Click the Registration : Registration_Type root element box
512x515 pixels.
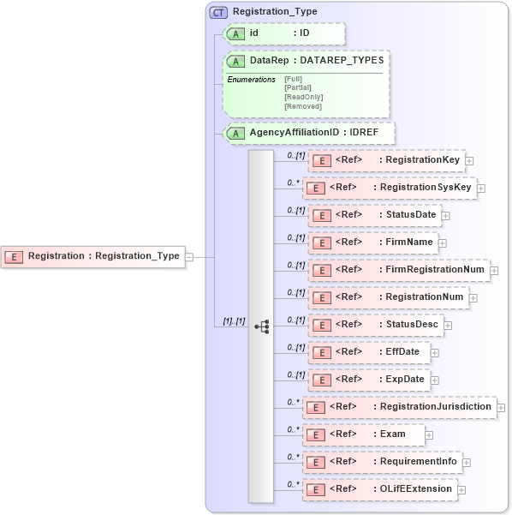tap(94, 255)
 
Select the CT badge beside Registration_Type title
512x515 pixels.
tap(219, 11)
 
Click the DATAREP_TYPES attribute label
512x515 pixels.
tap(341, 62)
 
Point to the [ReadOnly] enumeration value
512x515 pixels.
tap(303, 97)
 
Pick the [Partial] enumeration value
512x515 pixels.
tap(299, 87)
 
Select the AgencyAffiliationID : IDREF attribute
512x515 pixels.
tap(308, 133)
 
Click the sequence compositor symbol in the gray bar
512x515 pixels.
tap(261, 326)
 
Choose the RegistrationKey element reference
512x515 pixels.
tap(385, 160)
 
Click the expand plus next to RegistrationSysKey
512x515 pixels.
tap(480, 189)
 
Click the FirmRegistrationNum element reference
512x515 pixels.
tap(398, 270)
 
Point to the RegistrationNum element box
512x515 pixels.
tap(387, 297)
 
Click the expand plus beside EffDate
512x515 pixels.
tap(435, 352)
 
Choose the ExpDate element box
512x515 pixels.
tap(368, 380)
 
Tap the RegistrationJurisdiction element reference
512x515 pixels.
tap(400, 407)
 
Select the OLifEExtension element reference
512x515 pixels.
tap(380, 489)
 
